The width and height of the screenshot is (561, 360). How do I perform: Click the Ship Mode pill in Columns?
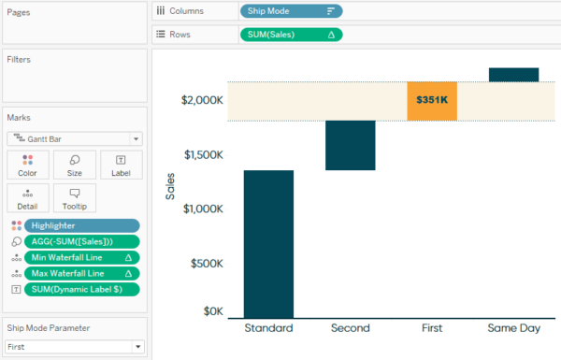(290, 11)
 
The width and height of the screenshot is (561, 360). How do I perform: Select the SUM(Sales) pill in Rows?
(290, 35)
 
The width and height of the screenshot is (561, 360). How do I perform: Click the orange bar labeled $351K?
(432, 101)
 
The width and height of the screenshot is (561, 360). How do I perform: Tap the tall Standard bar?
(268, 243)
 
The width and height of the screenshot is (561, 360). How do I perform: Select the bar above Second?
(351, 145)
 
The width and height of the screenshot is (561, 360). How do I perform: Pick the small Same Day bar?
(513, 75)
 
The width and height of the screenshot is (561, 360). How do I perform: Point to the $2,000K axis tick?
(202, 100)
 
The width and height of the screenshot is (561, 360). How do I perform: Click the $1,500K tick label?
(202, 154)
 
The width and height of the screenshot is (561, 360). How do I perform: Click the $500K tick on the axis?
(207, 264)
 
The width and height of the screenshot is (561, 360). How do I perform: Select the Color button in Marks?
(27, 166)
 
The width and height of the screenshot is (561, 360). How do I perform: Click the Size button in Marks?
(75, 166)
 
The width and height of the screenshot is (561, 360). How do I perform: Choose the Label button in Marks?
(121, 166)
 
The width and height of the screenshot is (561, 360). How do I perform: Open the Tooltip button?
(75, 198)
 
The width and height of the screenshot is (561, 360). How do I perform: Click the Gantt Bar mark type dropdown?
(74, 137)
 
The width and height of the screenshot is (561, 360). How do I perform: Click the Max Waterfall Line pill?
(82, 273)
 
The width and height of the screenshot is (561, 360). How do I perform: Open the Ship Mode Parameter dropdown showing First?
(74, 346)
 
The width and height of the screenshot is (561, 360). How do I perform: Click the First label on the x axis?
(432, 328)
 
